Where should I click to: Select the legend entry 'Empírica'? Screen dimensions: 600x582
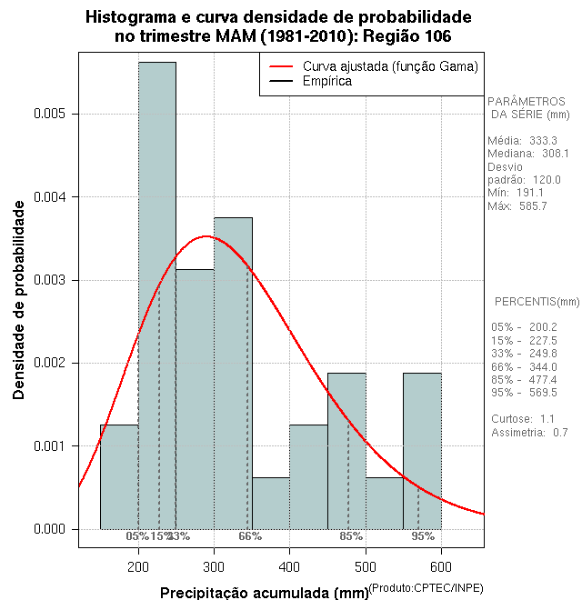click(327, 81)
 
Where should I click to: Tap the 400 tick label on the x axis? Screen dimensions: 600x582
click(289, 568)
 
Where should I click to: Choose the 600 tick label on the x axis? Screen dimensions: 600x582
click(441, 568)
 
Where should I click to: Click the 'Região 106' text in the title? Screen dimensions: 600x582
click(406, 36)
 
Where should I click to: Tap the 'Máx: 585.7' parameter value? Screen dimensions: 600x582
click(517, 206)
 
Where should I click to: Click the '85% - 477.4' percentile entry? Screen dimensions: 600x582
click(523, 379)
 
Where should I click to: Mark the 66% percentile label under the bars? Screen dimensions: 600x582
click(250, 536)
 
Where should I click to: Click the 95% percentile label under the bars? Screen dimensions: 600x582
click(423, 536)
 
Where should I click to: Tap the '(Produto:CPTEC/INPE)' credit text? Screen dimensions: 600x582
click(426, 589)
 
